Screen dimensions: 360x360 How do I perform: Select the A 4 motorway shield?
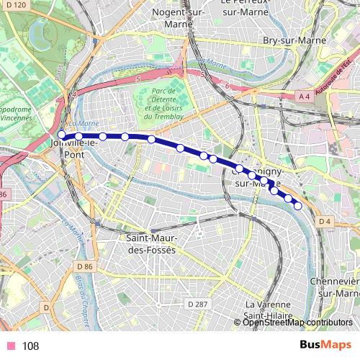point(305,95)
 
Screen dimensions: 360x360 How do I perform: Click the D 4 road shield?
point(325,221)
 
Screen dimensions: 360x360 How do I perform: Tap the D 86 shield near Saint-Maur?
point(84,266)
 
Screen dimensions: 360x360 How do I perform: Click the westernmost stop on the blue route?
point(62,135)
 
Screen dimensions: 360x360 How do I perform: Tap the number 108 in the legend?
point(30,346)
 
